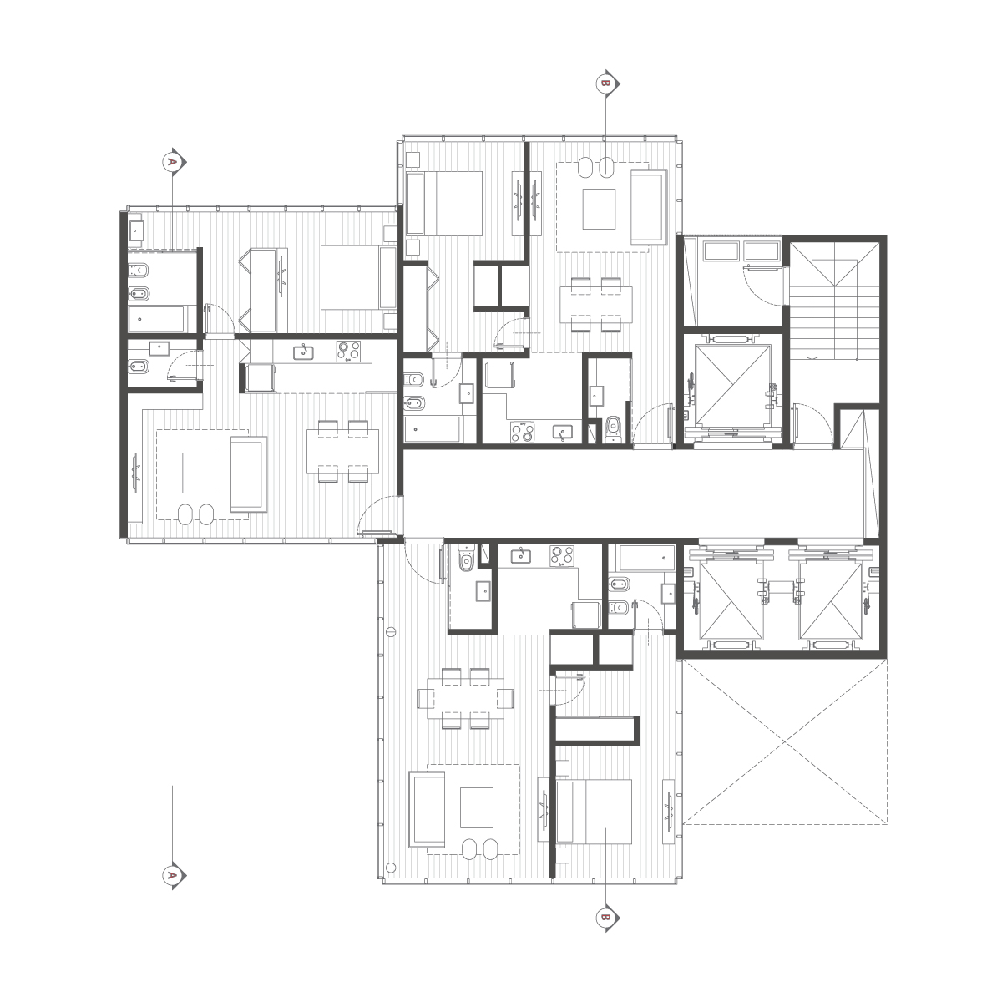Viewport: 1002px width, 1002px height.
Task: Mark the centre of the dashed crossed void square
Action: [785, 742]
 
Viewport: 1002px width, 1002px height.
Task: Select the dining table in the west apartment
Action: [342, 451]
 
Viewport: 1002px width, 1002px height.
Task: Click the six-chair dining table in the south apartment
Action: [465, 698]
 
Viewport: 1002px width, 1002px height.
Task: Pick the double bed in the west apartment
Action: [359, 278]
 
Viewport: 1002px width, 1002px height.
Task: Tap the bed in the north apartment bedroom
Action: [444, 203]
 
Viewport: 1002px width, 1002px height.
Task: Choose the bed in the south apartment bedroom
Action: [594, 811]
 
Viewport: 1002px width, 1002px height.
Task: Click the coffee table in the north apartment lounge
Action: [599, 209]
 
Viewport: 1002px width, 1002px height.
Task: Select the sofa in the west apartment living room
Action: [249, 474]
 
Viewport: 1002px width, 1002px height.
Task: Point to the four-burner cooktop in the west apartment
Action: [348, 351]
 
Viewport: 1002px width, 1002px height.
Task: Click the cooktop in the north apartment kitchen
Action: [522, 432]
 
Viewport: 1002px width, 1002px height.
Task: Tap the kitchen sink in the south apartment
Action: [520, 556]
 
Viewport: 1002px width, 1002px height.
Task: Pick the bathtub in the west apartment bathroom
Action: [156, 319]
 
